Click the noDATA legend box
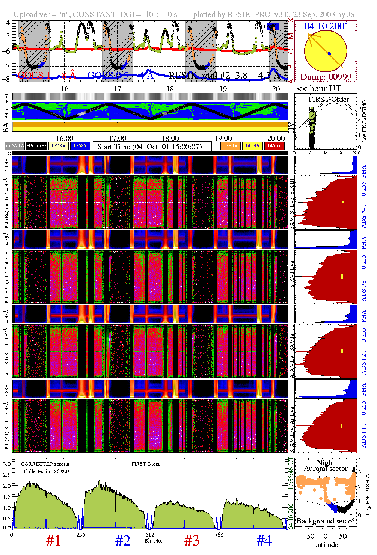(x=15, y=146)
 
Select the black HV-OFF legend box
(x=36, y=146)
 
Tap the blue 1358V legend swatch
(x=80, y=146)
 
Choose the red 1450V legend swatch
(x=274, y=146)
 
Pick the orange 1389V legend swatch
(x=230, y=146)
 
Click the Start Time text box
(x=152, y=147)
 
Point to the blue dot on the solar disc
(x=329, y=54)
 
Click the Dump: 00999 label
(x=326, y=77)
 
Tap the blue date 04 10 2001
(x=326, y=26)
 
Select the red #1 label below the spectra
(x=53, y=541)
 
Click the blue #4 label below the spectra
(x=264, y=541)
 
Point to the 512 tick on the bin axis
(x=150, y=535)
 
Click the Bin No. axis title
(x=153, y=541)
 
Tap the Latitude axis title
(x=326, y=545)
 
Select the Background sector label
(x=326, y=521)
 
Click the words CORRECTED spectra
(x=45, y=464)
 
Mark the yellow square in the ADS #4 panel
(x=342, y=202)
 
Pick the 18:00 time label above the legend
(x=170, y=139)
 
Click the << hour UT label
(x=319, y=89)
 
